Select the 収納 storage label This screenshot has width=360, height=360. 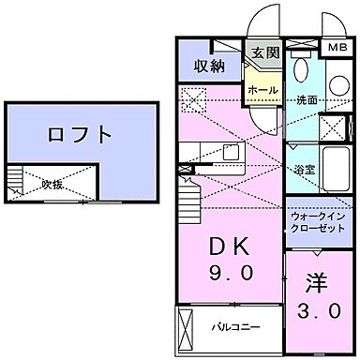[210, 65]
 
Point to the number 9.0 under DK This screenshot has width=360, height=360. [227, 277]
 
